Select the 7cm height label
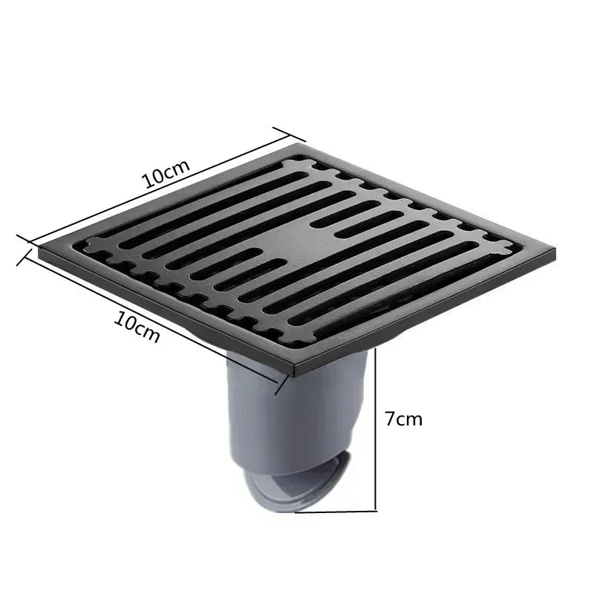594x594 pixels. point(403,418)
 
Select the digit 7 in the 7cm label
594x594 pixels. point(391,418)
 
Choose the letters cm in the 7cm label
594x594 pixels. point(410,419)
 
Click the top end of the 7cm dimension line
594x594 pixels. point(378,350)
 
